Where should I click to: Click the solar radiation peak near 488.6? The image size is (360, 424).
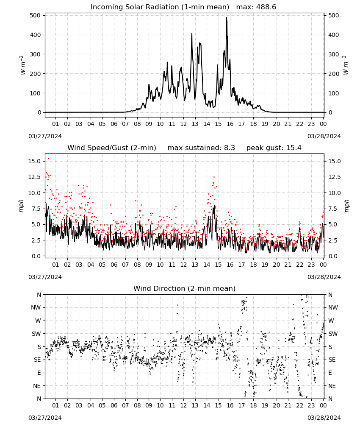(226, 18)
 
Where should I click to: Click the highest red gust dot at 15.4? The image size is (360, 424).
(48, 159)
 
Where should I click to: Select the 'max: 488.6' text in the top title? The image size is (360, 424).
(256, 7)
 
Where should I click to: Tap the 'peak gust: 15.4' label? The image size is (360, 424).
(274, 148)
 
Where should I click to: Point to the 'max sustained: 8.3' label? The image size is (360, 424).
(201, 148)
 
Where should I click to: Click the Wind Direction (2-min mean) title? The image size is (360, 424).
(185, 288)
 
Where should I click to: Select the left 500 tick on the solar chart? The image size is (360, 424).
(35, 15)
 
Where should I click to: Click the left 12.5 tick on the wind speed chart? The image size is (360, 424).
(34, 177)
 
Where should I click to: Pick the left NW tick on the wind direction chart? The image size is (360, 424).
(36, 307)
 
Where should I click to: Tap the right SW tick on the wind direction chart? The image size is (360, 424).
(333, 334)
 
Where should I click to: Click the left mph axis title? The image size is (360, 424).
(21, 206)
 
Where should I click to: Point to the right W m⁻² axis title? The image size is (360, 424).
(346, 65)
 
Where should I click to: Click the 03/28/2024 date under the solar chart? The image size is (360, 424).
(324, 136)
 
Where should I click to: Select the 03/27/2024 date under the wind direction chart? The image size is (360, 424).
(45, 418)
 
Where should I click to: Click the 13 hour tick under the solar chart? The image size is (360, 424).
(195, 124)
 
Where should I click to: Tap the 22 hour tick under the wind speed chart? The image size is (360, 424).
(299, 265)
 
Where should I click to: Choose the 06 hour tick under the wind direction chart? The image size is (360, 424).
(114, 405)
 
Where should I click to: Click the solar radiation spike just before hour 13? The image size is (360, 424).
(192, 34)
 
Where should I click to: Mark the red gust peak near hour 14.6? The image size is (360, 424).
(214, 177)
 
